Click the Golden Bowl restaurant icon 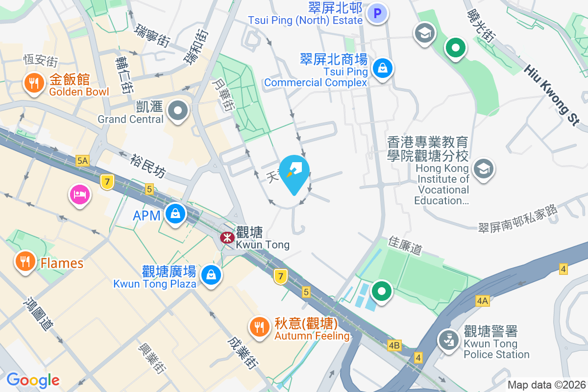click(x=33, y=83)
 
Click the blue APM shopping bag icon click(x=174, y=214)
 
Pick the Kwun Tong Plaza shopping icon click(x=211, y=274)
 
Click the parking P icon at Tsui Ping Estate click(x=378, y=14)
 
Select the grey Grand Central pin click(x=177, y=111)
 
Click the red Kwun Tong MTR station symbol click(x=226, y=238)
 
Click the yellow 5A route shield click(x=82, y=160)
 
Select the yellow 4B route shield click(x=394, y=345)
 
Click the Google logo click(x=33, y=380)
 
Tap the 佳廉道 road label click(x=405, y=245)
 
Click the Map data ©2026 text click(x=546, y=385)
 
